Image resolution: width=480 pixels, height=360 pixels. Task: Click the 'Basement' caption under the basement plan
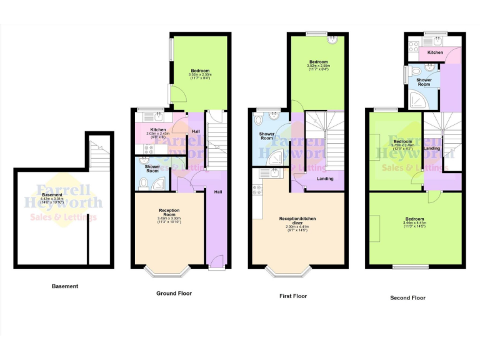65,286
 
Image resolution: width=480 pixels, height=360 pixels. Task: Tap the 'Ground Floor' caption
174,293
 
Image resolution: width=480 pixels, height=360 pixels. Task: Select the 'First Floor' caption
292,296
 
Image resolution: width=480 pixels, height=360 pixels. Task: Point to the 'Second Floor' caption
407,298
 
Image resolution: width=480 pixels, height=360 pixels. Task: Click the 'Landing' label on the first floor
325,179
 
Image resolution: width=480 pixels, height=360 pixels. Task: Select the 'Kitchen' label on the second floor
435,52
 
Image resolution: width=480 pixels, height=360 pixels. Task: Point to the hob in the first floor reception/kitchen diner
257,189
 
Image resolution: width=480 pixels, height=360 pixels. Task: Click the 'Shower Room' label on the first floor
264,136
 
